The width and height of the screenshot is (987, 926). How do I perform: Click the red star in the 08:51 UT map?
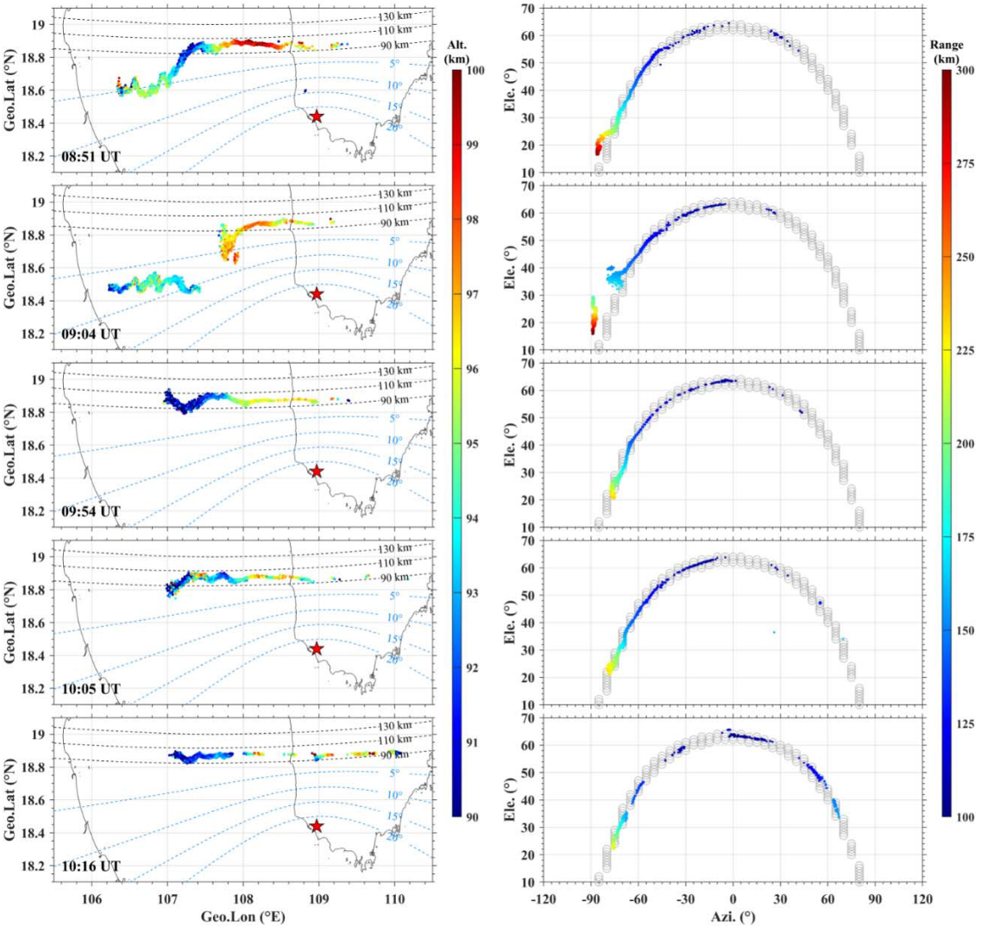(x=317, y=116)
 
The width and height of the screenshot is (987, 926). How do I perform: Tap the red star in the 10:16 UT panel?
(x=317, y=826)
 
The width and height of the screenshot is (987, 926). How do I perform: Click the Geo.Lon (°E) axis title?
(x=242, y=917)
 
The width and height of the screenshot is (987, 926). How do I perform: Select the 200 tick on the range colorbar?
(x=964, y=443)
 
